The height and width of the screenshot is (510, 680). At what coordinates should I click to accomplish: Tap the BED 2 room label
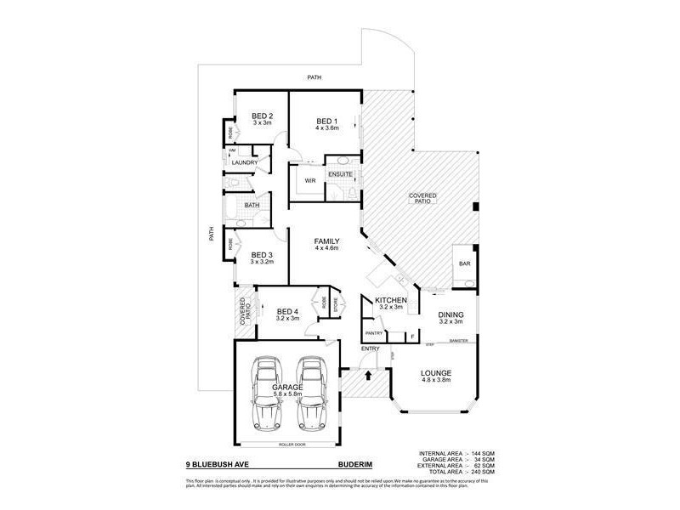[x=262, y=116]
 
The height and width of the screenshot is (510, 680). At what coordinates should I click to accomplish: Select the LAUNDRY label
[x=246, y=162]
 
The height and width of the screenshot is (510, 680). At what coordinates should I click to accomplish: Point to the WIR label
[x=310, y=180]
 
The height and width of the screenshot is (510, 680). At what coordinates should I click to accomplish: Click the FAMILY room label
[x=327, y=241]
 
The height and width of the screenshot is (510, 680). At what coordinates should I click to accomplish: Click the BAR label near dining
[x=465, y=264]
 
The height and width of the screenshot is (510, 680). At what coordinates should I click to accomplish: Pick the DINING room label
[x=450, y=314]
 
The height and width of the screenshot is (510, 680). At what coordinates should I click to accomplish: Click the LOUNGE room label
[x=434, y=373]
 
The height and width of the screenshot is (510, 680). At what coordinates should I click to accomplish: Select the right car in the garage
[x=311, y=395]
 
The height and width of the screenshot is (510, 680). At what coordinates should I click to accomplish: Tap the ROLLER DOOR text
[x=291, y=445]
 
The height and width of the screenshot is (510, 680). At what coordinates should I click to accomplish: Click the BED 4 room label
[x=287, y=312]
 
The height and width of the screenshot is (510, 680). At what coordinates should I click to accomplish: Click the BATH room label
[x=252, y=206]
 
